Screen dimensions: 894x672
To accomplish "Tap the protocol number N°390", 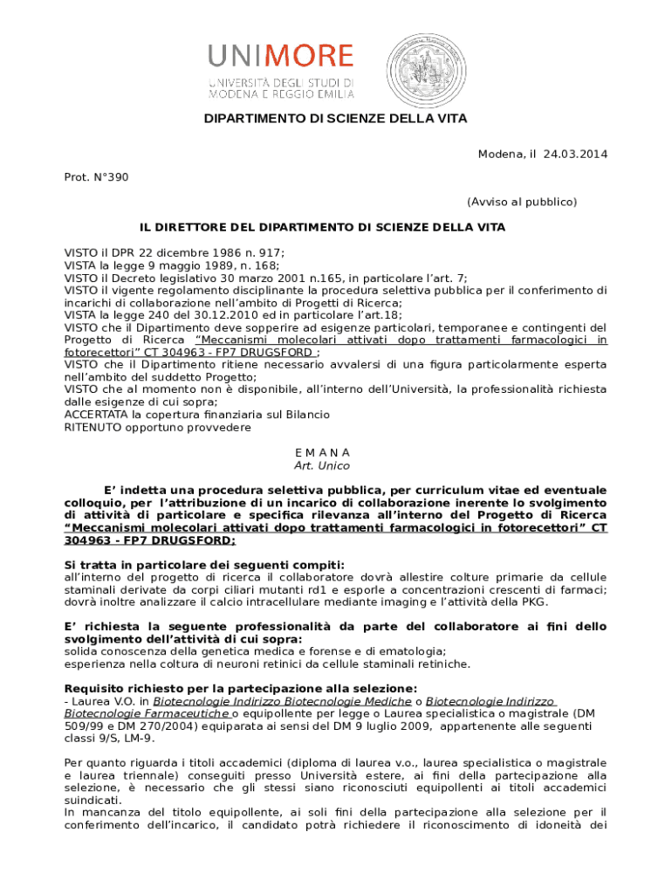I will [109, 177].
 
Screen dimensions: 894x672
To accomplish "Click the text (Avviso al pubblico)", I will [521, 202].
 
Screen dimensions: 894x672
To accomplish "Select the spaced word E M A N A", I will [323, 453].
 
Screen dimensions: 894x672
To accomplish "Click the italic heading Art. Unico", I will [322, 466].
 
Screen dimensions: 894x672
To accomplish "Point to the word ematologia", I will [413, 651].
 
